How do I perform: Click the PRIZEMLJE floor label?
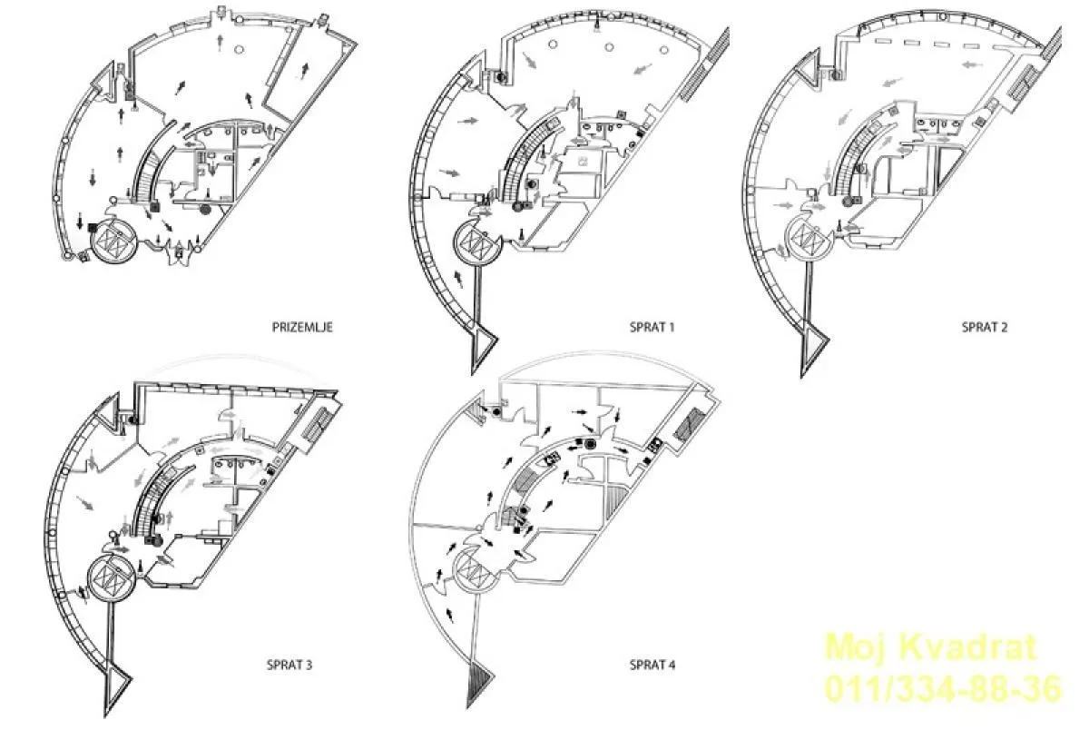pos(302,327)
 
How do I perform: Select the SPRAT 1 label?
pos(652,327)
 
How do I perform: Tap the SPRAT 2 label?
pos(985,327)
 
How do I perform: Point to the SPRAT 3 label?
pos(289,665)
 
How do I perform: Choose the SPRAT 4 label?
pos(652,665)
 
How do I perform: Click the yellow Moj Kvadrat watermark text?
pos(931,646)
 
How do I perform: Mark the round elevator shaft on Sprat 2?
pos(809,237)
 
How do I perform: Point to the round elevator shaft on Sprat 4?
pos(475,569)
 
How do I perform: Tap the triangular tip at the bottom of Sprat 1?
pos(481,345)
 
